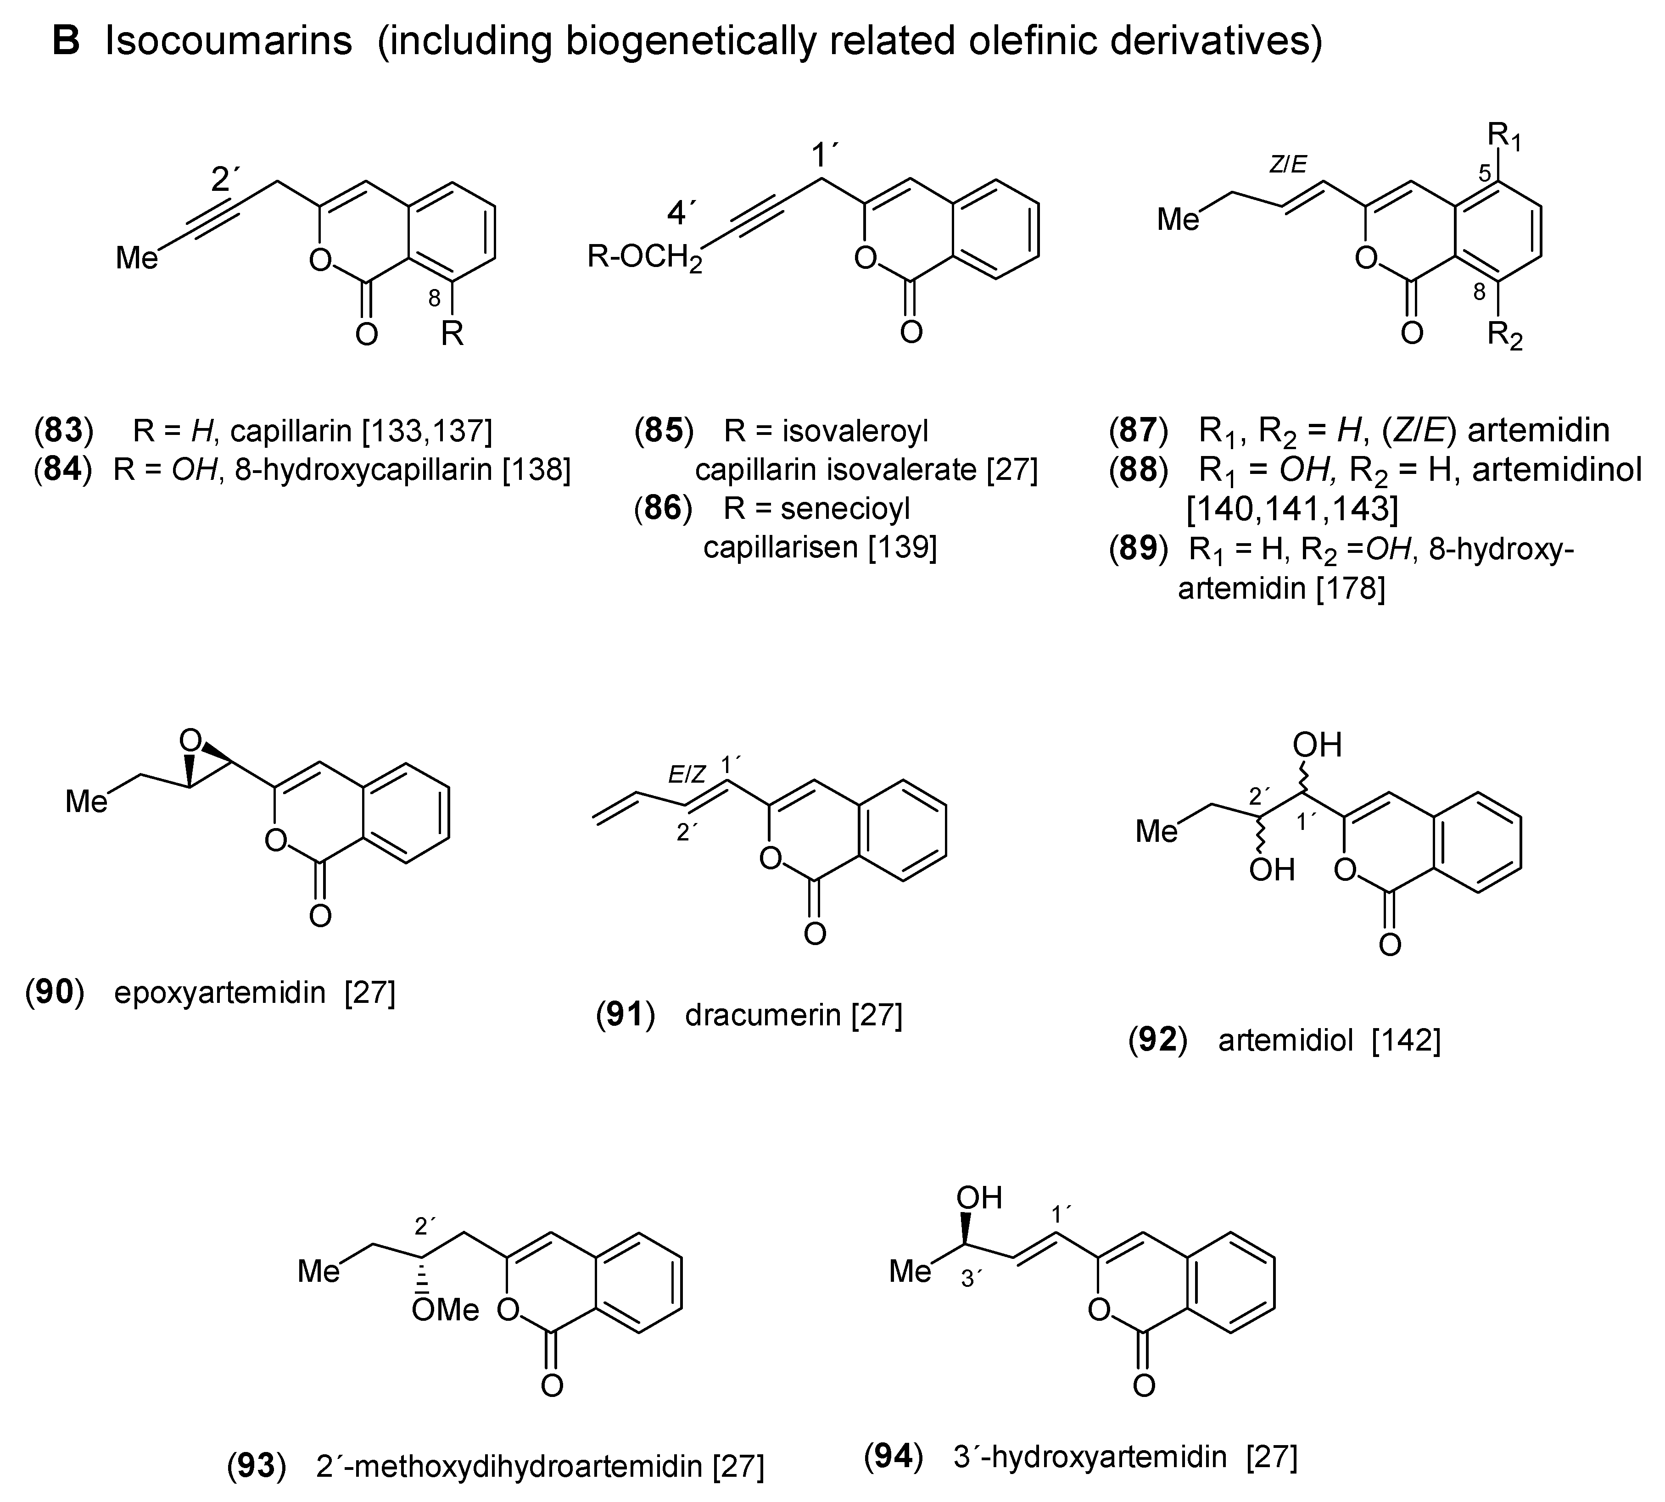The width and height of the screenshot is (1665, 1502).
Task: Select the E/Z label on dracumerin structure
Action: coord(687,774)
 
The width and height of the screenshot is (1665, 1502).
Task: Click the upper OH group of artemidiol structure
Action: coord(1317,745)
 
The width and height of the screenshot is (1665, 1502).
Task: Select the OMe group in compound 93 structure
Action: coord(446,1309)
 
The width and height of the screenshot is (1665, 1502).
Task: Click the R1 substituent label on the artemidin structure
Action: coord(1504,136)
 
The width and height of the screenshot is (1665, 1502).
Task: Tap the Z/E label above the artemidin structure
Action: coord(1288,165)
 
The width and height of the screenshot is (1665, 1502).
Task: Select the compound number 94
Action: coord(893,1457)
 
